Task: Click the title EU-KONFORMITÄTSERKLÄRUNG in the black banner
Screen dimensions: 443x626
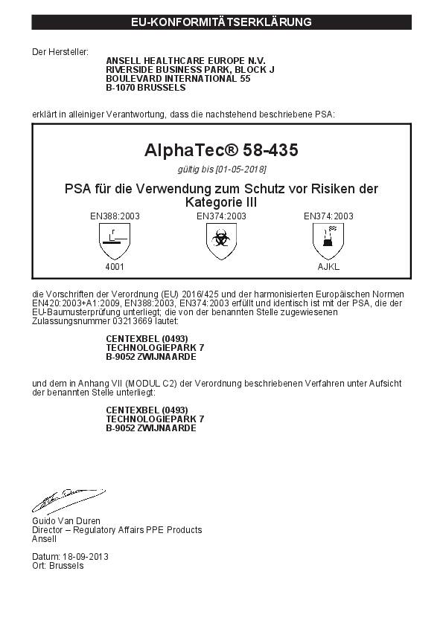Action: [x=221, y=22]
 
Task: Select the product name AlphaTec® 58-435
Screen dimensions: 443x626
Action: [x=221, y=150]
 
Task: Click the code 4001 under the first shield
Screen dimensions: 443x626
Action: [x=115, y=265]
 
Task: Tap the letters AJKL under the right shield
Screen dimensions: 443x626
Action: [x=328, y=265]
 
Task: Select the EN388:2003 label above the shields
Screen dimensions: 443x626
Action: [x=115, y=216]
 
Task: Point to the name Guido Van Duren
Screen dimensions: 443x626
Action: [x=66, y=520]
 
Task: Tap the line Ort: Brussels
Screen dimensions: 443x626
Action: [x=57, y=565]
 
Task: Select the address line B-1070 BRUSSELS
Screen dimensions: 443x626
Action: [x=146, y=87]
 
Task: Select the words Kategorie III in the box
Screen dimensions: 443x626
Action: [x=221, y=202]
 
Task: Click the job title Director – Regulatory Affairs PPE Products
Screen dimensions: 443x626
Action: [x=116, y=529]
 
